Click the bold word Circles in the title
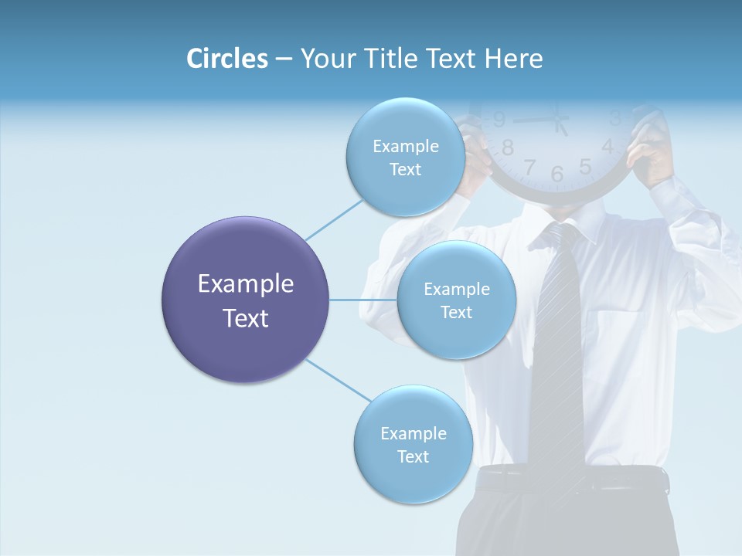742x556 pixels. (x=226, y=59)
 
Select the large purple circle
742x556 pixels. (x=246, y=300)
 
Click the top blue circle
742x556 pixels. (x=405, y=157)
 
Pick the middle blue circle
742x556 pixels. (x=456, y=300)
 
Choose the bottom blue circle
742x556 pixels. (x=413, y=444)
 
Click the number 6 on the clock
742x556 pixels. (x=557, y=175)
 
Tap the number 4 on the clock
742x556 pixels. (x=608, y=147)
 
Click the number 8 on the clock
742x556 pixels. (x=508, y=147)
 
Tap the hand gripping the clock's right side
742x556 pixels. (x=649, y=147)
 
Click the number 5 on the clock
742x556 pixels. (x=585, y=166)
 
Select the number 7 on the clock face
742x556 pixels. (x=529, y=167)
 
